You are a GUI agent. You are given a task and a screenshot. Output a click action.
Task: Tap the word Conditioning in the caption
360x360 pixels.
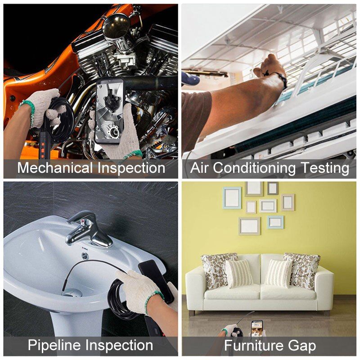254,168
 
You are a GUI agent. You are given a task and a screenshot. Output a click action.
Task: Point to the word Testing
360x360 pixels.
325,168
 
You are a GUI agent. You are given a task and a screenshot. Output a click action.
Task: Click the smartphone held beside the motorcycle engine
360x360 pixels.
109,111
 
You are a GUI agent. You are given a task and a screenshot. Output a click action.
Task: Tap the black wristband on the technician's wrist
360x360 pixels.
283,81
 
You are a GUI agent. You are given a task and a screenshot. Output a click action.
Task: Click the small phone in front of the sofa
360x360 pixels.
256,328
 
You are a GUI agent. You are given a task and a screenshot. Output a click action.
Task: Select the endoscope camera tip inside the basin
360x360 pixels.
64,285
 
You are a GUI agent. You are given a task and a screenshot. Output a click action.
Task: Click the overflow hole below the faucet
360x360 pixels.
85,256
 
